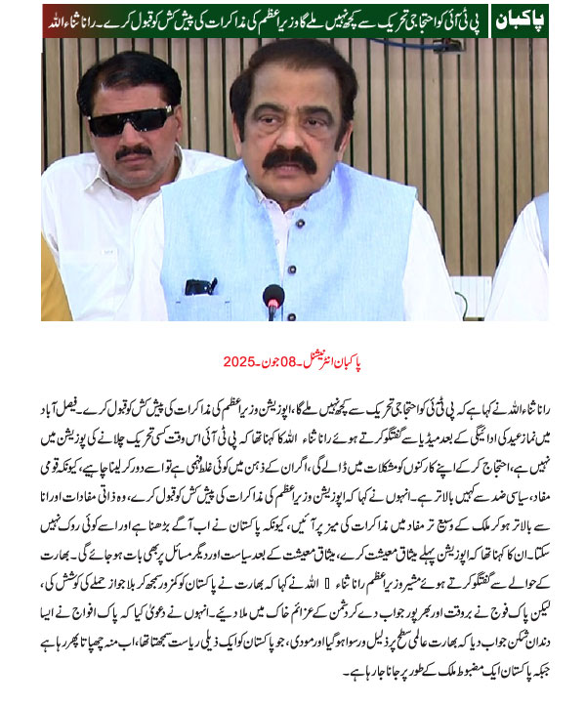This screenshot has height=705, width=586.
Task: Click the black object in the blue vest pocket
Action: pos(200,287)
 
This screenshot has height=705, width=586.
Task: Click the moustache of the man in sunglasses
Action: pos(134,151)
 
